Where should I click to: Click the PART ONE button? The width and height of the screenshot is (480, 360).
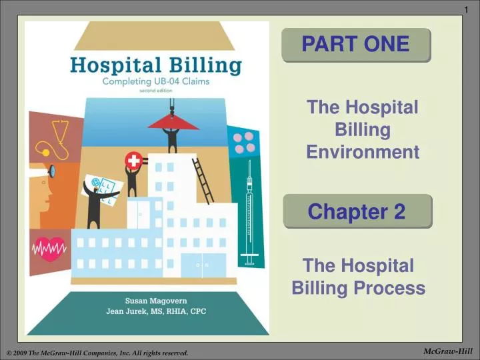(355, 45)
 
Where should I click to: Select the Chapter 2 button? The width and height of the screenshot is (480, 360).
(357, 211)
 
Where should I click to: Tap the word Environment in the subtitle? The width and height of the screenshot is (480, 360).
(363, 153)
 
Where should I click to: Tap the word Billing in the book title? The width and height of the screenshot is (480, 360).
(206, 66)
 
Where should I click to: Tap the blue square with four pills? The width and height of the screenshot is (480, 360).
(244, 141)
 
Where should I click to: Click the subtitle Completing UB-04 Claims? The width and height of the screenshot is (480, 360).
(155, 83)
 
